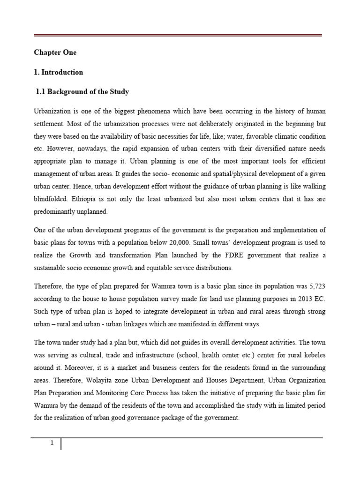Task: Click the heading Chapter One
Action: tap(55, 52)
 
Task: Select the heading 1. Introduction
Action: tap(59, 72)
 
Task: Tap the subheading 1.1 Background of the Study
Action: tap(82, 91)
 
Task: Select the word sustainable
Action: tap(52, 268)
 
